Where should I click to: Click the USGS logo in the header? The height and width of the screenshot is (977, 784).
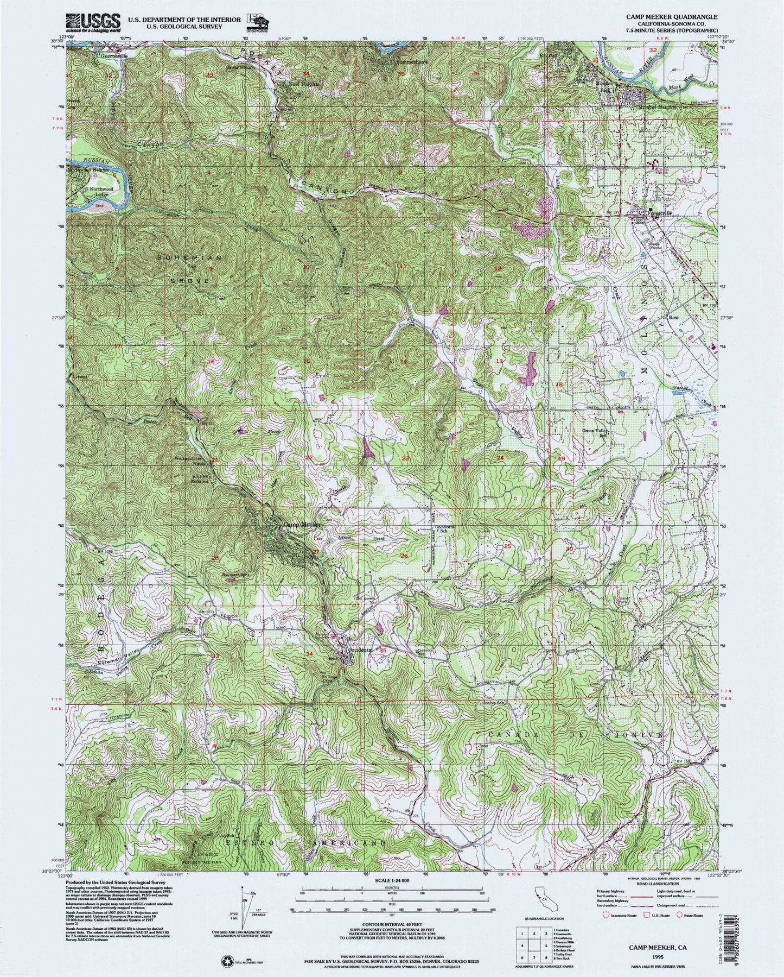point(92,21)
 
